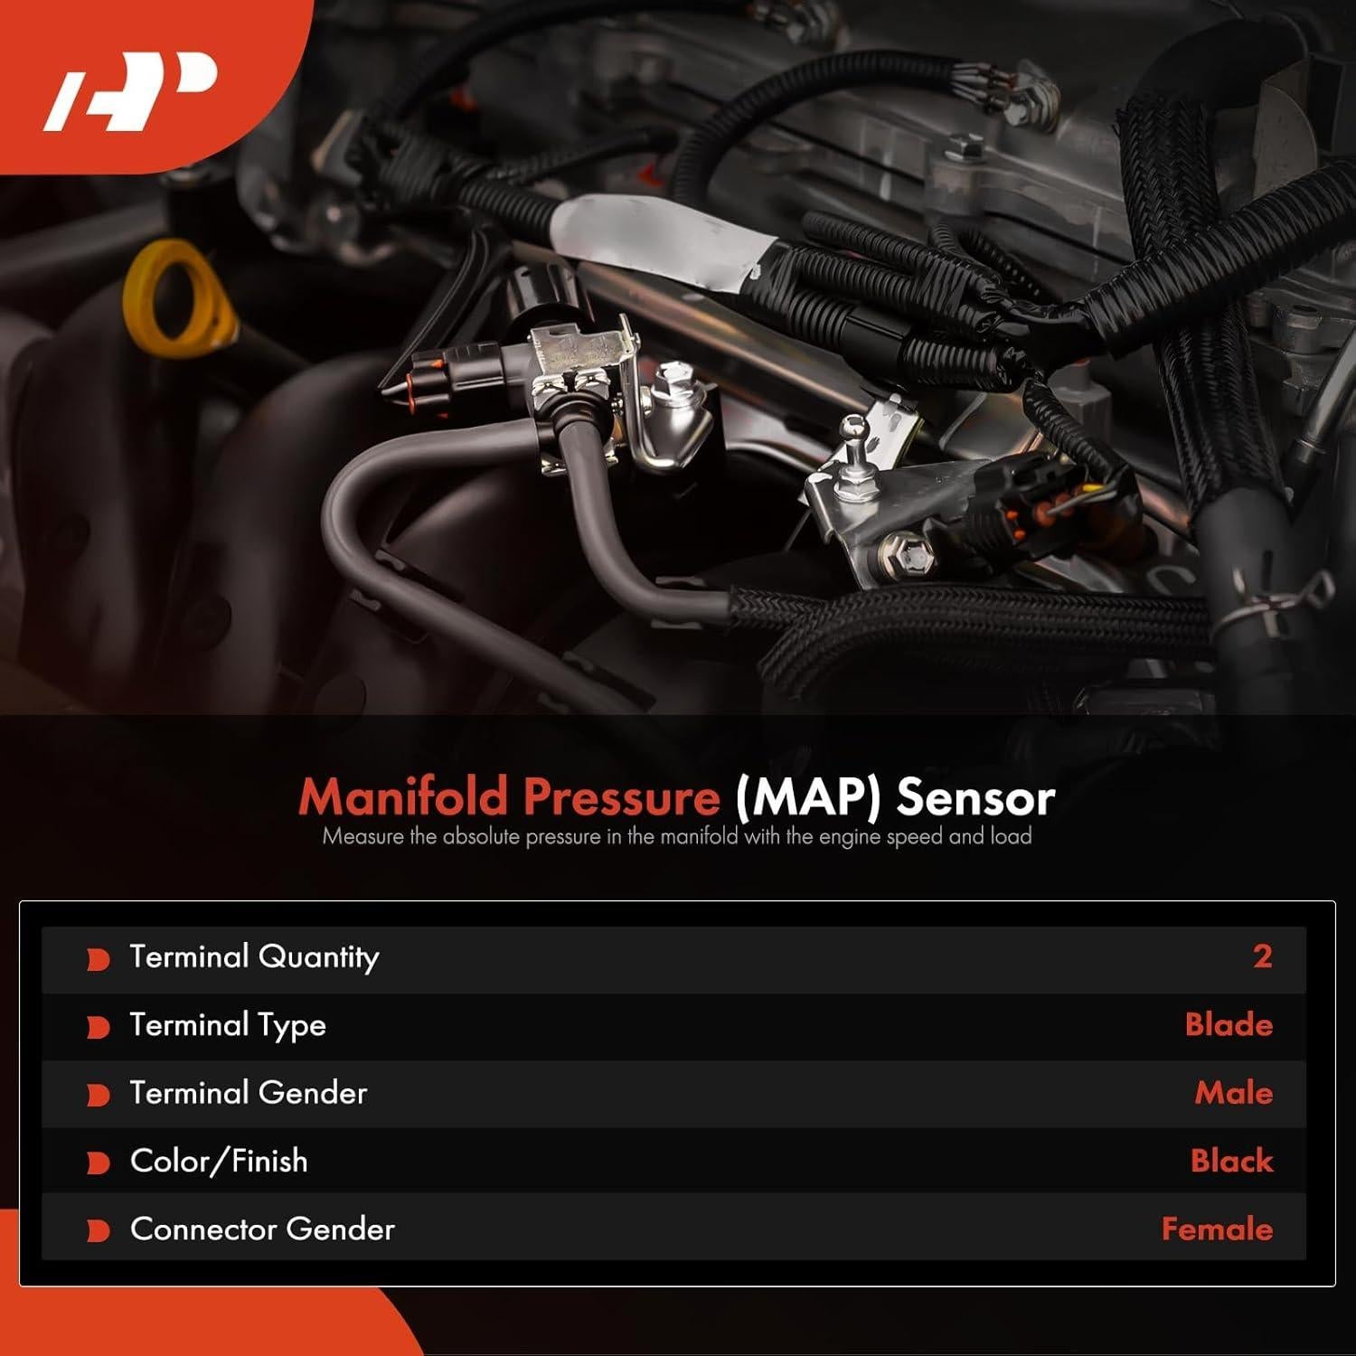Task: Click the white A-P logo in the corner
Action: pos(131,90)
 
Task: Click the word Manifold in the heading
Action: pos(404,797)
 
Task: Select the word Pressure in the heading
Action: pos(621,797)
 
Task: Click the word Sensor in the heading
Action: pos(975,797)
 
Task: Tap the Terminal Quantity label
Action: pos(254,957)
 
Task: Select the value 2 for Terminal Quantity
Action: pos(1262,956)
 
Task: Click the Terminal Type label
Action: pos(228,1025)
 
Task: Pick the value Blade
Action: pos(1228,1025)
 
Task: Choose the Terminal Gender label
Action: pos(249,1093)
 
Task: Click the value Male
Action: pos(1233,1093)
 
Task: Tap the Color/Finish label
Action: pos(219,1161)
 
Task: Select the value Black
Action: pos(1231,1161)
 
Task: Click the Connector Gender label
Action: pos(262,1229)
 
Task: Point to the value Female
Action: pos(1217,1229)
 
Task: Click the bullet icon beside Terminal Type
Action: pos(98,1028)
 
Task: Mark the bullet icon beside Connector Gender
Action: pos(98,1231)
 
